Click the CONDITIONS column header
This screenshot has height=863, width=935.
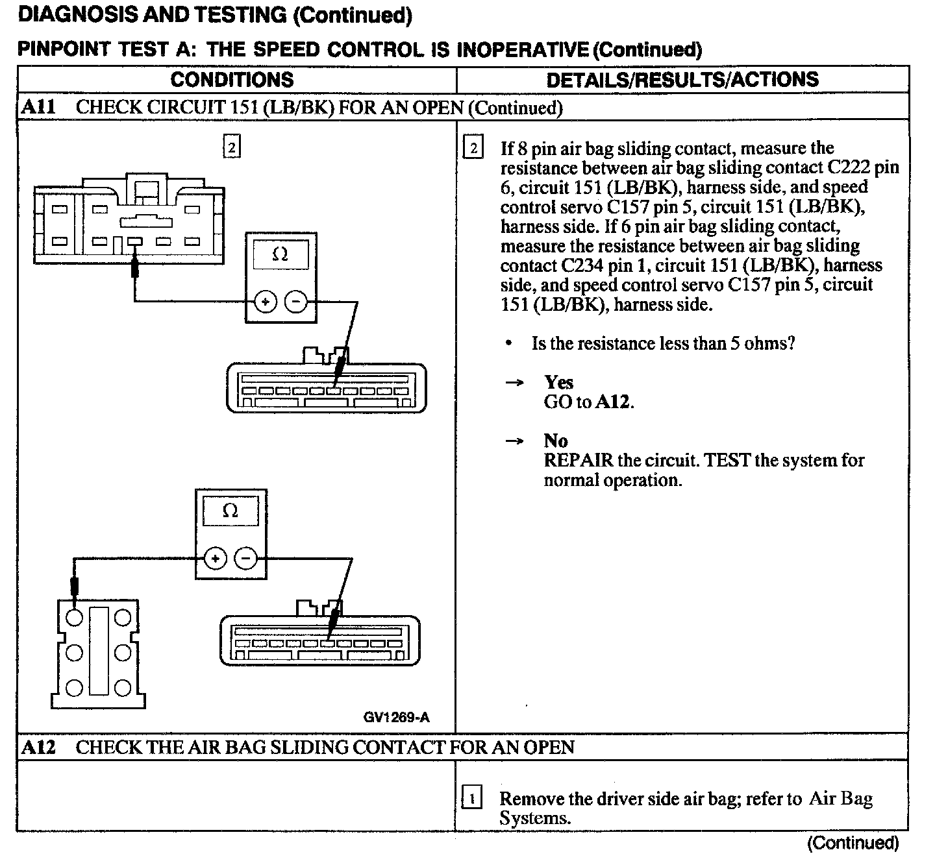[x=232, y=80]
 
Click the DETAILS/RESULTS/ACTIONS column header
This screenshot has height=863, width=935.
[x=682, y=80]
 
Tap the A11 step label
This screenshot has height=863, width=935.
[x=38, y=107]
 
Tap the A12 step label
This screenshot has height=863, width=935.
[x=38, y=748]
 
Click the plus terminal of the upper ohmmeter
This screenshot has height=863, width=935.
[x=266, y=302]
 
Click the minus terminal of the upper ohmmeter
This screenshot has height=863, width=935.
[x=296, y=302]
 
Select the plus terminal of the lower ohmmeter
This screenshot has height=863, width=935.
[x=216, y=558]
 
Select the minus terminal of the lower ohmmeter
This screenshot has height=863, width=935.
[x=245, y=558]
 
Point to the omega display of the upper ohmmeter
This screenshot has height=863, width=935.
[x=280, y=254]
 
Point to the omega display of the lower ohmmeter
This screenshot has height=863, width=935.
[x=231, y=511]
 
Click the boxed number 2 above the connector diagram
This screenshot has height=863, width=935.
[x=232, y=146]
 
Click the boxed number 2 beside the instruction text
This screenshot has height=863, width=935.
[x=473, y=149]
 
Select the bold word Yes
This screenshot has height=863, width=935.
[x=558, y=382]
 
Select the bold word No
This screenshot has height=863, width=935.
[x=555, y=441]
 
